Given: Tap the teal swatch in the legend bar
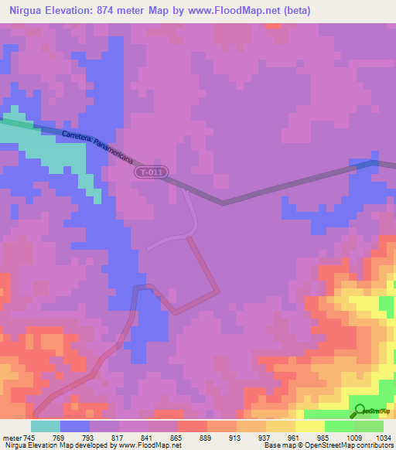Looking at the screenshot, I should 46,426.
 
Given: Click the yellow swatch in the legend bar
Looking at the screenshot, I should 310,426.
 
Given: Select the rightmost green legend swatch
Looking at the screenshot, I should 369,426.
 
